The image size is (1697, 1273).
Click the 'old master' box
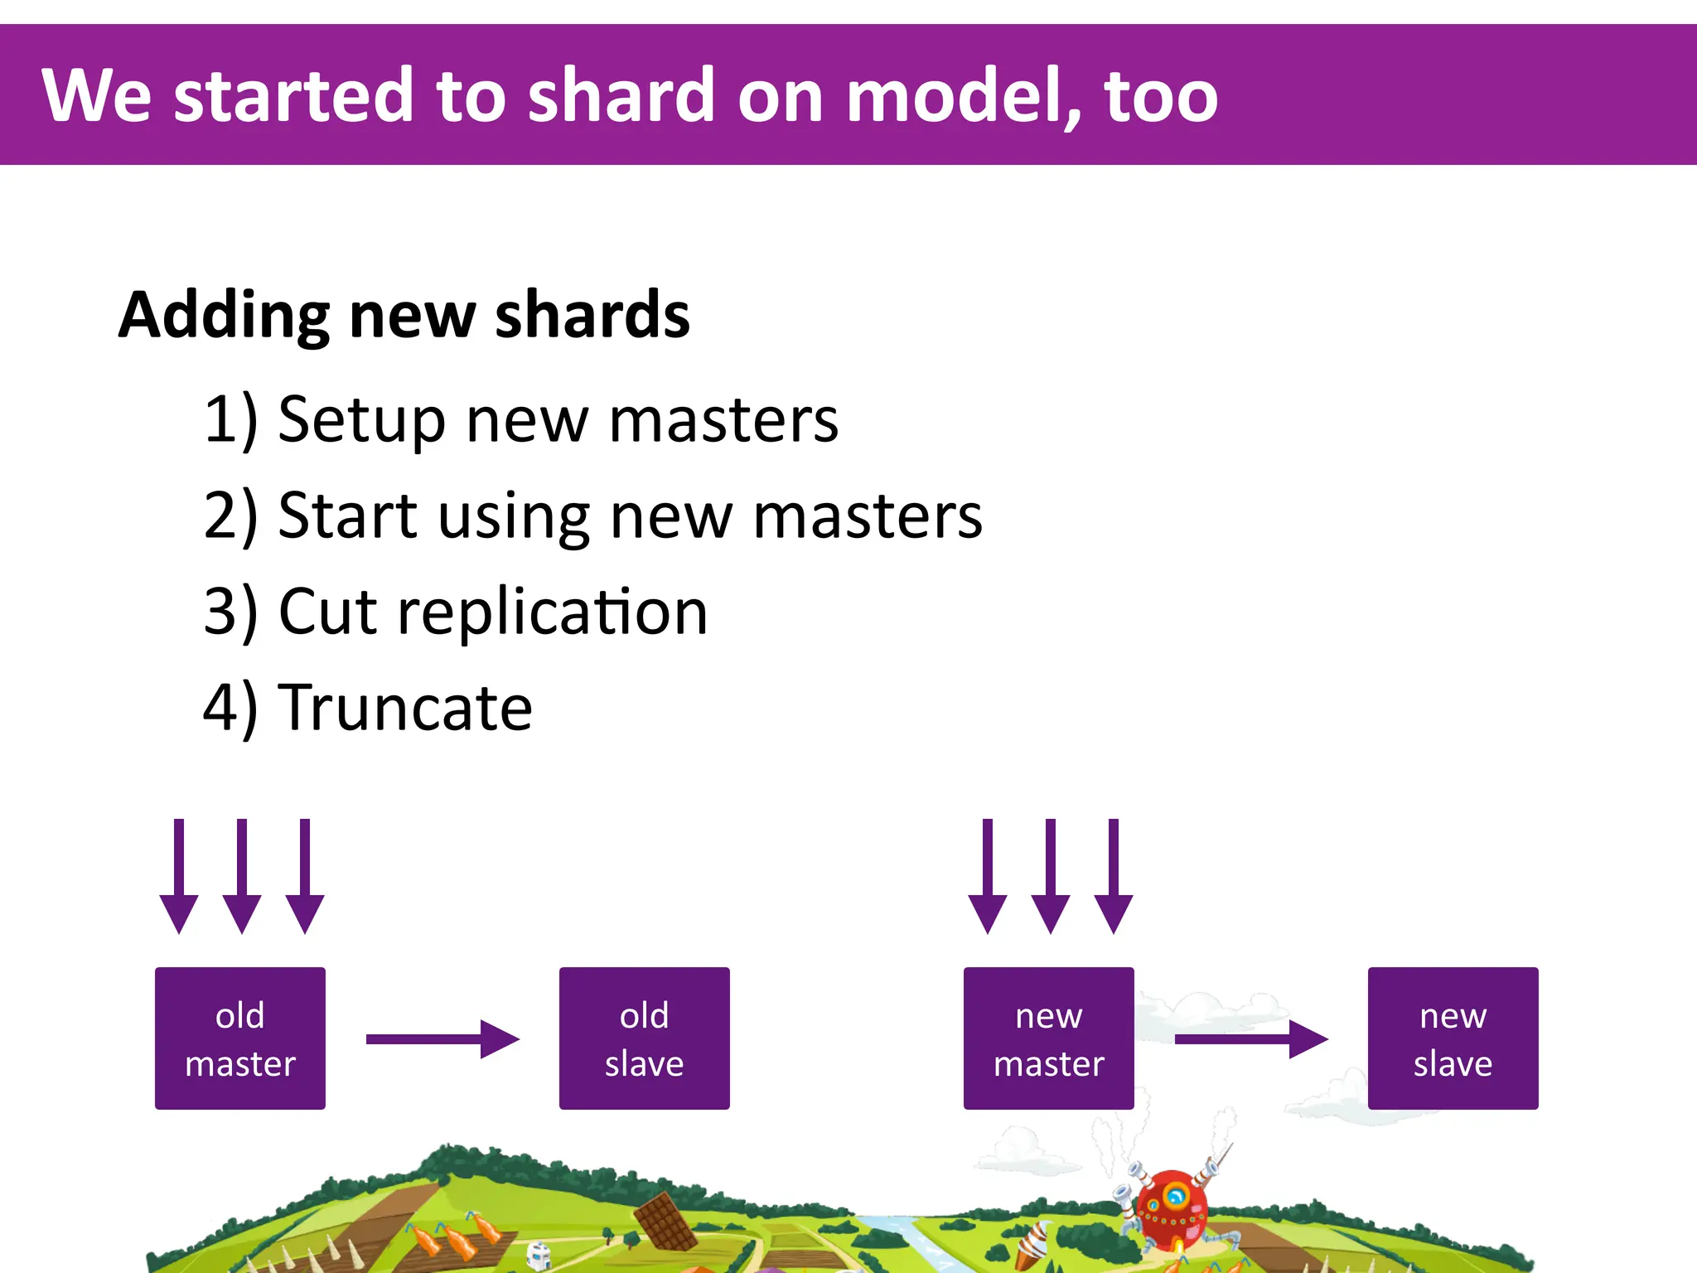(239, 1038)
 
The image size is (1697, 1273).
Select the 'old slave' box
(644, 1038)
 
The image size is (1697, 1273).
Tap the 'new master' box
(1048, 1038)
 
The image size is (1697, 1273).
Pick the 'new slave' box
(1453, 1038)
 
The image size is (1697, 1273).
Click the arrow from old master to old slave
(442, 1039)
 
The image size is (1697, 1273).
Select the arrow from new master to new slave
(1250, 1039)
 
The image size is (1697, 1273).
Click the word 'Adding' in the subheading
(224, 317)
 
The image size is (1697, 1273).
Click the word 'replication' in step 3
(552, 612)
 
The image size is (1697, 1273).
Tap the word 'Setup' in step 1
(362, 419)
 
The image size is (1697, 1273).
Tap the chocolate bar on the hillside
(665, 1221)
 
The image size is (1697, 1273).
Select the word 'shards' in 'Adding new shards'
(592, 317)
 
